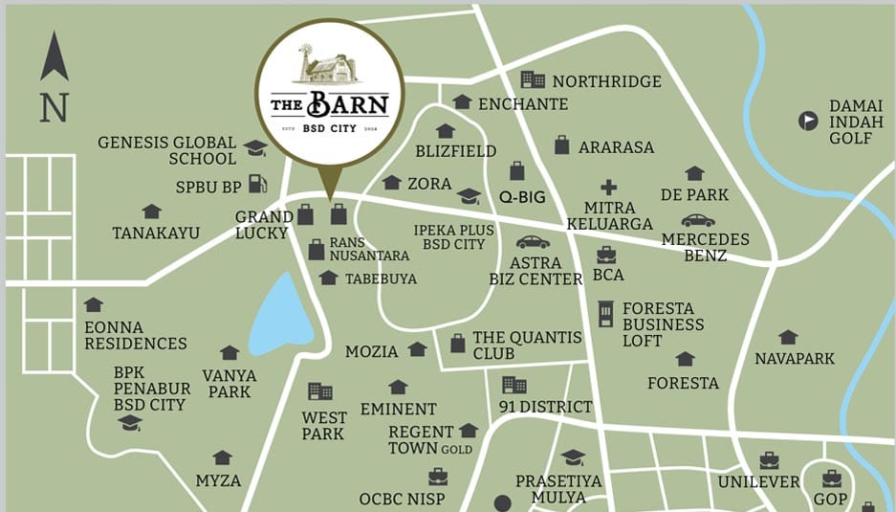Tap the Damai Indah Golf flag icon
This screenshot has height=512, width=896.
(809, 121)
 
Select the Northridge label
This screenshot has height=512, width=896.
(606, 81)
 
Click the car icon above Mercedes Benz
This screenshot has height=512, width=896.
(697, 221)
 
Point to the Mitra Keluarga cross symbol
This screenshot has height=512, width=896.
(608, 188)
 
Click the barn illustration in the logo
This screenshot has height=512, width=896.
(330, 67)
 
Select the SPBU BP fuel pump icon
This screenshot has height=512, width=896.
(257, 185)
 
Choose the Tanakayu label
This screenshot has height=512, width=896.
(156, 233)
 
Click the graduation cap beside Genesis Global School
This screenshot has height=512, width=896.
(255, 147)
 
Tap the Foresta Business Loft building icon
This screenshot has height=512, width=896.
(605, 314)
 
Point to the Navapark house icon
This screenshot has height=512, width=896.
(788, 337)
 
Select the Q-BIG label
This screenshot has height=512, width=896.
(522, 197)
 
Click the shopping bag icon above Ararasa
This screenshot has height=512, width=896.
(562, 145)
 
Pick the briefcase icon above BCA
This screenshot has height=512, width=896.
(606, 255)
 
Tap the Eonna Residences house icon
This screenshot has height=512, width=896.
(93, 305)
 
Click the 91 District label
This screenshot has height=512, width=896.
(545, 407)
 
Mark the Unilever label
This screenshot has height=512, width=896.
(758, 481)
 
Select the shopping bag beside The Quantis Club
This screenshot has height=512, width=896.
(458, 343)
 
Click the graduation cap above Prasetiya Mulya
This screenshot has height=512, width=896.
(572, 457)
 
